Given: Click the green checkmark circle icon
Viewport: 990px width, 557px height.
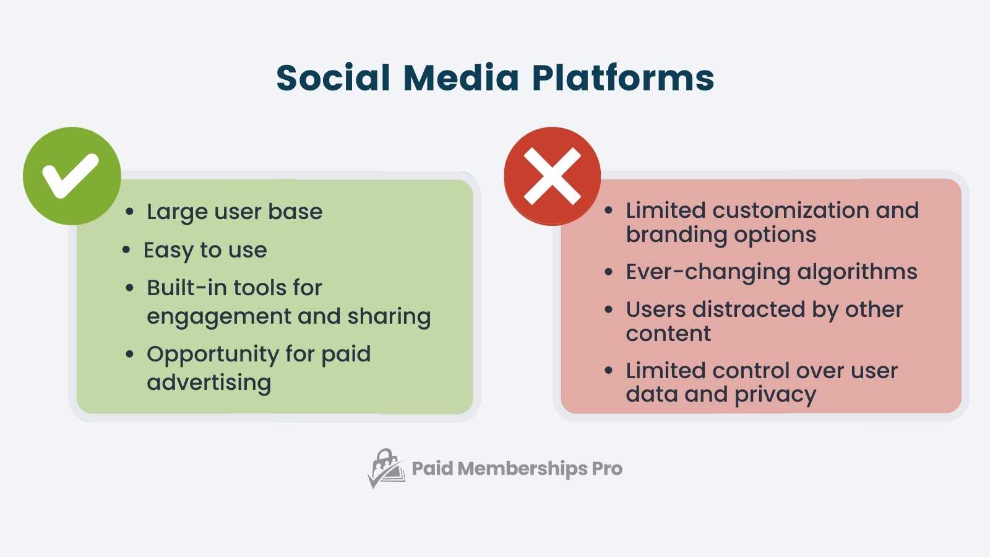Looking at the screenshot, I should tap(72, 176).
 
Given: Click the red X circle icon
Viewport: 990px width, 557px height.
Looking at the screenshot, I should tap(552, 176).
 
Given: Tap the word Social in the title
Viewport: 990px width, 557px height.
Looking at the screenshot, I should tap(333, 78).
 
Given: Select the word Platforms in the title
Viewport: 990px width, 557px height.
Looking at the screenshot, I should tap(622, 78).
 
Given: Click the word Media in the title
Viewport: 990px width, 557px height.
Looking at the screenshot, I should tap(461, 78).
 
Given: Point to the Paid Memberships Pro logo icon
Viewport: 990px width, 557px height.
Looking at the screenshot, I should tap(386, 468).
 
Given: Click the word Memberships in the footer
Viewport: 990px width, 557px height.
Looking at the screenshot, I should tap(522, 468).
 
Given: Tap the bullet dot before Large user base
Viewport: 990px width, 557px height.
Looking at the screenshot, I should tap(129, 212).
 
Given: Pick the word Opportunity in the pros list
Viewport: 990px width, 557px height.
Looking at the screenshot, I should tap(212, 354).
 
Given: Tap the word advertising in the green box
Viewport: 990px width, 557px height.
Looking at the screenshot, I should tap(209, 382).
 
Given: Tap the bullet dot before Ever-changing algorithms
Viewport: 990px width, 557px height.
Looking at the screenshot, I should tap(609, 272).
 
